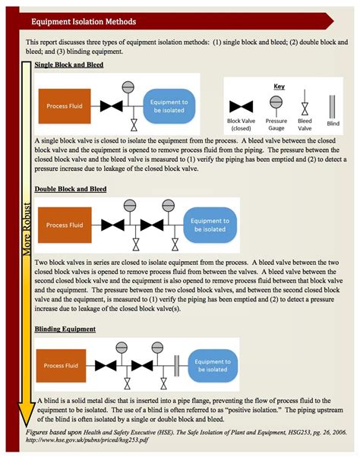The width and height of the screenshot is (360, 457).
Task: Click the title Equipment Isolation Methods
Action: pos(84,21)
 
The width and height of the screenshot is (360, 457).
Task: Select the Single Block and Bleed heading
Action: pos(69,65)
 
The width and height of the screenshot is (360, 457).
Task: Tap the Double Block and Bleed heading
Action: pos(71,189)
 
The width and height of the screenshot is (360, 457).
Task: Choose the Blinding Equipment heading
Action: pos(65,329)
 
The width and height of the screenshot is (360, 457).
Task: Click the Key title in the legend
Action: pos(279,87)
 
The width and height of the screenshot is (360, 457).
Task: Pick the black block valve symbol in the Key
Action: pos(241,107)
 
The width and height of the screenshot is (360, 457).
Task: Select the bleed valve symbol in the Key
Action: pos(305,102)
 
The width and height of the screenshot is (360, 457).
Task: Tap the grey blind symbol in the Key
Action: pos(332,106)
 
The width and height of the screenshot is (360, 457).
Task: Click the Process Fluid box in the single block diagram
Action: pos(65,106)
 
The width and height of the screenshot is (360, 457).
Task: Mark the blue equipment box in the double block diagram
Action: pos(210,225)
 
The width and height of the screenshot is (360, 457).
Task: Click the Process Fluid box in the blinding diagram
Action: pos(61,365)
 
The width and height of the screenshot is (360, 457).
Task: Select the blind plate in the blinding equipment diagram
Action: pos(177,365)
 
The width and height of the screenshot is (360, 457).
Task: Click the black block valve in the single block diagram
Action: pos(112,106)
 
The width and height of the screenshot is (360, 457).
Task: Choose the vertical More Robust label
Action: pos(27,229)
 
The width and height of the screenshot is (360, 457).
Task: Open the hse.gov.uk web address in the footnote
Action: pos(87,440)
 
